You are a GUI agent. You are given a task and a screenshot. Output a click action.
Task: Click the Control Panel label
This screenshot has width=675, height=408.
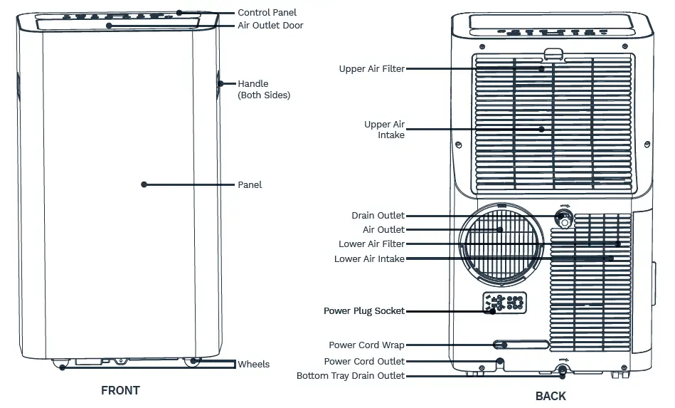(267, 12)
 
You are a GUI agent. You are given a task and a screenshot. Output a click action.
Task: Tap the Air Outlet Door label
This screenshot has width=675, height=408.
(270, 26)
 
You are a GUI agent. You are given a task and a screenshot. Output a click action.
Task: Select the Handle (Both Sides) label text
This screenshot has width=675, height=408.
(263, 89)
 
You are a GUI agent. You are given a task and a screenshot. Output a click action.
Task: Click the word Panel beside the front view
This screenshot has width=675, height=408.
(250, 184)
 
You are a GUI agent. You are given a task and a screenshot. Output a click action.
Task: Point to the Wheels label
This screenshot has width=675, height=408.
(254, 364)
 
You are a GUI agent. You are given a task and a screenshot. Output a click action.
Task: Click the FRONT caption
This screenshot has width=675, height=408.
(120, 390)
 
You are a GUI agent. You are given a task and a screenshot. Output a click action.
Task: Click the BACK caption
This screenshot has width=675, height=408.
(551, 396)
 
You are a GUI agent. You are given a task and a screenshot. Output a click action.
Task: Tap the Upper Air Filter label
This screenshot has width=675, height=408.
(371, 69)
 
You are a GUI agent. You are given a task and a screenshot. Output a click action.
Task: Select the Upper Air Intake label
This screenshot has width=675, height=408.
(384, 130)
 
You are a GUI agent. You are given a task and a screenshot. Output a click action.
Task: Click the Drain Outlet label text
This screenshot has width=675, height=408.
(378, 216)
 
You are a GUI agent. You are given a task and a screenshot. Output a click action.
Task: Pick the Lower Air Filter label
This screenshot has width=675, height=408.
(371, 244)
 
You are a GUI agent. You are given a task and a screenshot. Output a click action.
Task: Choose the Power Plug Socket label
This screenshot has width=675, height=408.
(364, 311)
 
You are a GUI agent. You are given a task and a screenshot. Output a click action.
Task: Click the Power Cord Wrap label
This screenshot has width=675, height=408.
(366, 345)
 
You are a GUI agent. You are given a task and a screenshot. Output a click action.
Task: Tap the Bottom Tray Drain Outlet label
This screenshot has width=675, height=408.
(351, 376)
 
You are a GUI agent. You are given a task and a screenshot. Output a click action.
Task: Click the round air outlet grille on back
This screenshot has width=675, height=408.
(502, 242)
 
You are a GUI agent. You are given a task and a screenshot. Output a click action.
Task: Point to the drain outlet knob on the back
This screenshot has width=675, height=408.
(565, 218)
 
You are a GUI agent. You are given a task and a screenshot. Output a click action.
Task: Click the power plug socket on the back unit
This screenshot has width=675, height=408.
(504, 303)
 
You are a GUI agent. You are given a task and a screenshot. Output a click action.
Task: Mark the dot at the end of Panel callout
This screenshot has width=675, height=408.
(144, 184)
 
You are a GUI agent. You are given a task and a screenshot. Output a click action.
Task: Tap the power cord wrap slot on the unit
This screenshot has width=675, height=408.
(521, 345)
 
